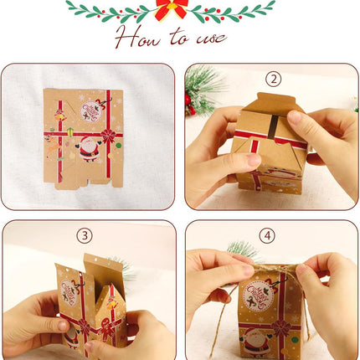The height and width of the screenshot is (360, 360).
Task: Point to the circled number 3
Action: coord(83,235)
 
